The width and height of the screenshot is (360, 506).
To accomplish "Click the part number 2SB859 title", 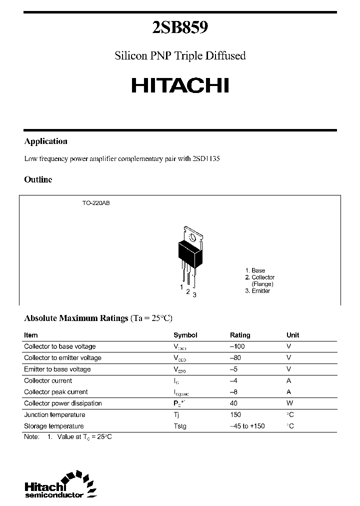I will click(x=180, y=27).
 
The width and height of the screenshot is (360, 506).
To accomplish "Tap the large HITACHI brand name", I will click(x=180, y=85).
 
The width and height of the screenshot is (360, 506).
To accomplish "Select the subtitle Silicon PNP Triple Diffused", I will click(x=180, y=55).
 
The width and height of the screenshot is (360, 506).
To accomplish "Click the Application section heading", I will click(x=46, y=141).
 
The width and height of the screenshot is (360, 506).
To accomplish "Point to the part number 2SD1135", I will click(x=206, y=159).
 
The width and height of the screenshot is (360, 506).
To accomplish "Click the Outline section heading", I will click(x=38, y=179).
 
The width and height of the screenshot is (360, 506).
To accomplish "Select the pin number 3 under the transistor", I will click(x=194, y=294).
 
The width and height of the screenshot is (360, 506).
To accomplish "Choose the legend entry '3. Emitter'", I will click(x=257, y=290).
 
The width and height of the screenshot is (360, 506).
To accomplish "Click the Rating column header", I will click(x=240, y=335).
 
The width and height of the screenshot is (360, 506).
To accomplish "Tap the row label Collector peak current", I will click(x=56, y=392).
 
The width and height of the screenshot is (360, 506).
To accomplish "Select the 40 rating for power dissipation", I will click(x=233, y=403).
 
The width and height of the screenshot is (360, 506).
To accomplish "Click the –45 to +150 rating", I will click(x=247, y=426).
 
